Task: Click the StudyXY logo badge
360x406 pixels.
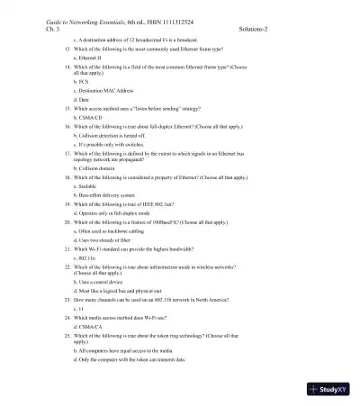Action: tap(328, 389)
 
